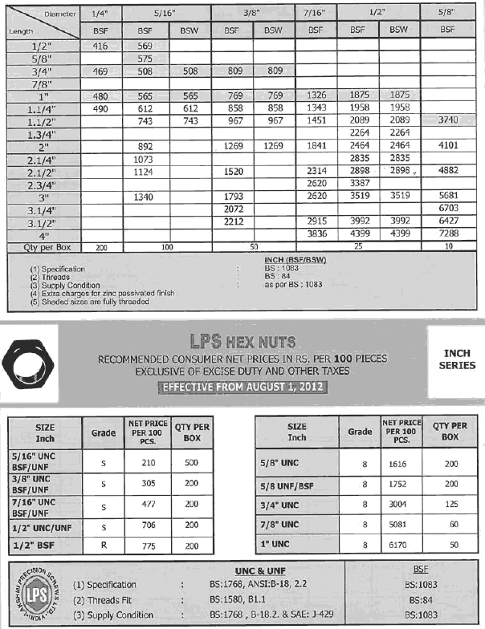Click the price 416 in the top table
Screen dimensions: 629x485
click(x=101, y=47)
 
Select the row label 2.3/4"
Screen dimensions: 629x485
click(x=40, y=183)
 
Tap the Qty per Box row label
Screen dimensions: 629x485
click(x=40, y=246)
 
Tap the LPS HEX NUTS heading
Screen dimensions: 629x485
click(x=243, y=339)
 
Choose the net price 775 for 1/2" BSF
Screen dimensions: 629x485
click(x=148, y=545)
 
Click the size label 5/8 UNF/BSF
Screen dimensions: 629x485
click(x=297, y=485)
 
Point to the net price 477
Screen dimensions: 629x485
click(x=148, y=505)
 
